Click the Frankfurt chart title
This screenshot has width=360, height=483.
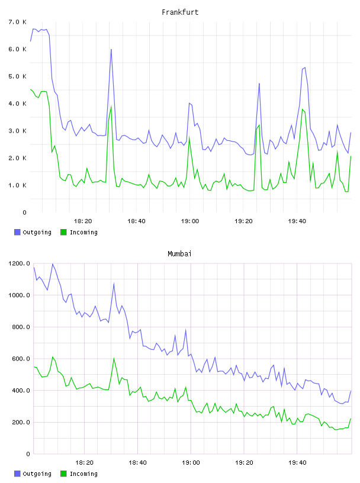click(x=180, y=12)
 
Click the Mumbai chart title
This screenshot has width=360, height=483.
click(x=179, y=254)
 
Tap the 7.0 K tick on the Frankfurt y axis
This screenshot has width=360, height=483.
click(x=18, y=22)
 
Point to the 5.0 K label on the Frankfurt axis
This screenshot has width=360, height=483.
click(x=18, y=76)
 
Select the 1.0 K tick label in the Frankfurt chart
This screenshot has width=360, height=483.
click(x=18, y=185)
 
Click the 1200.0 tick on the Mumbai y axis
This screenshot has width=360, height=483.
click(x=19, y=263)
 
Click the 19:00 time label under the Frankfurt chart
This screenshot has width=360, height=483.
click(x=190, y=221)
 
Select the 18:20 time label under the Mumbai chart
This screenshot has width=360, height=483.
click(x=84, y=462)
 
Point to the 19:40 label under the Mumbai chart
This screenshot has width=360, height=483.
click(x=297, y=462)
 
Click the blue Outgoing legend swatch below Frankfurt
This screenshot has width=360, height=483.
click(x=17, y=232)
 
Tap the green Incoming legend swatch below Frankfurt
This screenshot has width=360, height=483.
click(x=63, y=232)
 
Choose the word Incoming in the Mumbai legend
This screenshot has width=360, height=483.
click(x=83, y=474)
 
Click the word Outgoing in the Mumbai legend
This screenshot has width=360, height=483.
click(x=37, y=474)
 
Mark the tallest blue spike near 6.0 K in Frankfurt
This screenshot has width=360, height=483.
click(x=111, y=49)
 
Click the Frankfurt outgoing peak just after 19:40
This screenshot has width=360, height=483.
click(x=304, y=67)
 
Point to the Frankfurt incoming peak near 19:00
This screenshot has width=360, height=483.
click(x=189, y=137)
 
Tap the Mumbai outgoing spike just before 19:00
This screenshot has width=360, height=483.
click(x=185, y=329)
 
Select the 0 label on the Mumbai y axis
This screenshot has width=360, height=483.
click(x=28, y=454)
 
